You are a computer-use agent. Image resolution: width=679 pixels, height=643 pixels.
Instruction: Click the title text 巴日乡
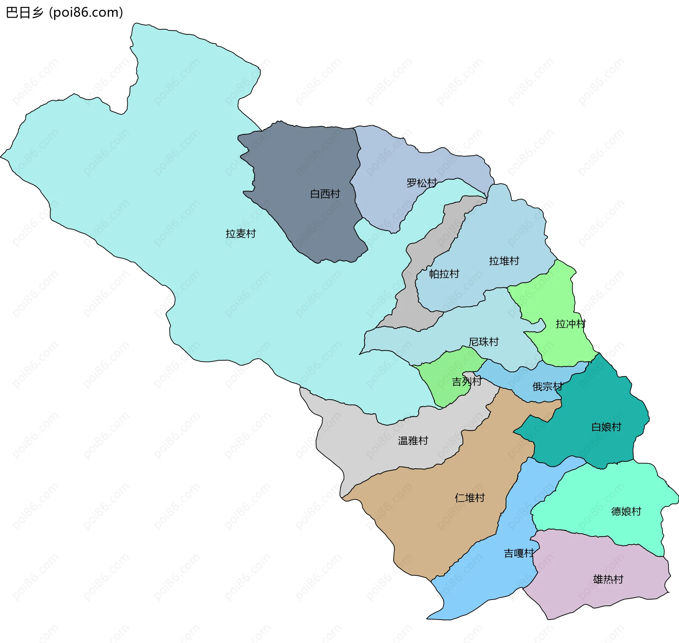click(x=24, y=13)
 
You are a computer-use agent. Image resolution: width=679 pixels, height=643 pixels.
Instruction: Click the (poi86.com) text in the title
click(x=86, y=13)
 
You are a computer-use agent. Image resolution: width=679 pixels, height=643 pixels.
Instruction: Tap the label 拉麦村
click(x=240, y=234)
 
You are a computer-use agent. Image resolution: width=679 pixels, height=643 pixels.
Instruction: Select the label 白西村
click(x=325, y=194)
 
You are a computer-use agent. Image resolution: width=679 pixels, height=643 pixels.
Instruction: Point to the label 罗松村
click(x=421, y=183)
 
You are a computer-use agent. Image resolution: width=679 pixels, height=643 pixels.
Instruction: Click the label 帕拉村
click(x=444, y=274)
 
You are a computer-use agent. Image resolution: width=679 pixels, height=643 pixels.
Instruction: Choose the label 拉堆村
click(x=504, y=261)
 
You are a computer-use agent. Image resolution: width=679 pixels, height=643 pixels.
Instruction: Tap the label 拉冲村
click(x=570, y=324)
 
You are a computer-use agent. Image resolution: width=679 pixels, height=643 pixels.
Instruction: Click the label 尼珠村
click(x=483, y=342)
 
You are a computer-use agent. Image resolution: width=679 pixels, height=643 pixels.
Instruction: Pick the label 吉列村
click(x=466, y=381)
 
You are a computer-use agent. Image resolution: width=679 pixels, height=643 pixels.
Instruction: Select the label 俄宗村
click(x=547, y=386)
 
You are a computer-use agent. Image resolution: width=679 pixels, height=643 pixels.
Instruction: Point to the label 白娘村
click(x=606, y=427)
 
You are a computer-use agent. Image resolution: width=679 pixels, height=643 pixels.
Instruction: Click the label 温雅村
click(x=413, y=441)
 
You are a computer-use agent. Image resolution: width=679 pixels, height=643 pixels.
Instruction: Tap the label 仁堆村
click(x=469, y=498)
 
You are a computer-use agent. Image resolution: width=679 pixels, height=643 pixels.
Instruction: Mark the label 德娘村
click(x=626, y=511)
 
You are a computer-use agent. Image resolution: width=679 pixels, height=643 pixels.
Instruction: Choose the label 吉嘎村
click(x=518, y=553)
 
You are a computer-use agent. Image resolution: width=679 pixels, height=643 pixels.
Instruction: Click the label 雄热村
click(x=608, y=579)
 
